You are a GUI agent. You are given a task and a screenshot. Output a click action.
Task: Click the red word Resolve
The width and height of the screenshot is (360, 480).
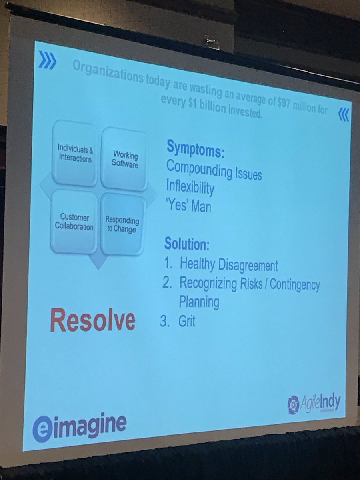pyautogui.click(x=92, y=321)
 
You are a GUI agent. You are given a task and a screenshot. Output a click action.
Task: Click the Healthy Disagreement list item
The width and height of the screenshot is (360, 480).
pyautogui.click(x=228, y=264)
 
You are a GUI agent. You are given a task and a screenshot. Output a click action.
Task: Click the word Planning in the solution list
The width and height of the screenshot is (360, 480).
pyautogui.click(x=199, y=302)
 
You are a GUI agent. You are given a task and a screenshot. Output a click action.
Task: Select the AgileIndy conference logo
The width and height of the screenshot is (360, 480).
pyautogui.click(x=314, y=404)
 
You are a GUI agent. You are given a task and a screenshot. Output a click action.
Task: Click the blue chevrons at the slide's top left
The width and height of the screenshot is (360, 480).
pyautogui.click(x=48, y=62)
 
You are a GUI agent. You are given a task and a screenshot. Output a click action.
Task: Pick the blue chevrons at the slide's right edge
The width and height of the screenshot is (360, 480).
pyautogui.click(x=344, y=115)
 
